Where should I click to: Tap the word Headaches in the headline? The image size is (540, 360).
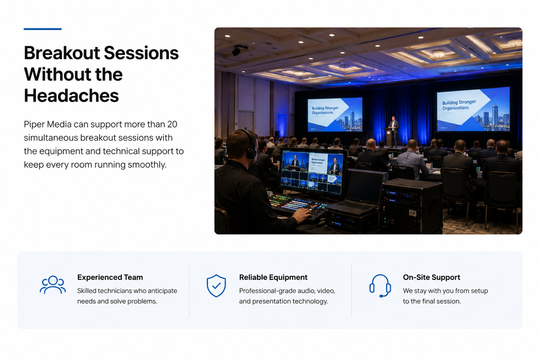coord(71,96)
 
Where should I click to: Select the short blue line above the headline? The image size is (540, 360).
coord(43,29)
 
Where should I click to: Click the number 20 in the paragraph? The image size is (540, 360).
coord(172,124)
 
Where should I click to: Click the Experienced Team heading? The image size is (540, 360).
coord(110,277)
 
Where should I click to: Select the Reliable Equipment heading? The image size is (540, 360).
coord(273,277)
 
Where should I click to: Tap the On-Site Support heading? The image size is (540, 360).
coord(431,277)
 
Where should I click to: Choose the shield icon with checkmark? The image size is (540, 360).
coord(216,286)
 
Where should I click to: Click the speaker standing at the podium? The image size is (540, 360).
coord(393,131)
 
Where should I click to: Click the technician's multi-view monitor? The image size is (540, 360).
coord(312,172)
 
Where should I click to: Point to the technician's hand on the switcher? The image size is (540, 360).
coord(302,216)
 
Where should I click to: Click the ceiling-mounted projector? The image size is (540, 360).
coord(239,50)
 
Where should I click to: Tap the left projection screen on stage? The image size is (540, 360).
coord(335,114)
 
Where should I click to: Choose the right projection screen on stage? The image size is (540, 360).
coord(473,109)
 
